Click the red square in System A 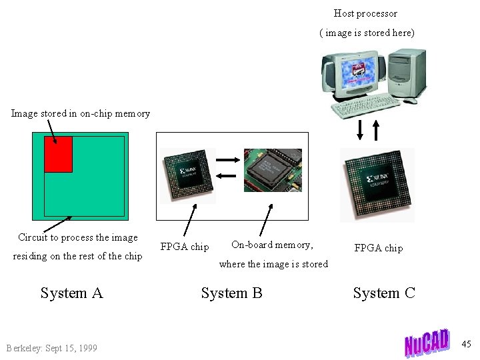coord(58,154)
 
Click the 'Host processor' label coord(365,13)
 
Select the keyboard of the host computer coord(365,109)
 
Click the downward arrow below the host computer coord(360,129)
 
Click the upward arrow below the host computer coord(376,129)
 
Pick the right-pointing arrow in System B coord(227,160)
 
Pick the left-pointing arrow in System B coord(227,175)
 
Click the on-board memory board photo coord(272,170)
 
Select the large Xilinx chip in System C coord(377,183)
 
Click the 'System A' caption coord(71,293)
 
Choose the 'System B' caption coord(232,293)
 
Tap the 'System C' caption coord(384,293)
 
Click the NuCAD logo coord(427,343)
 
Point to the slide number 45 coord(466,344)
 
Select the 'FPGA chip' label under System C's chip coord(378,248)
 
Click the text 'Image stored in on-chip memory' coord(81,113)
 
